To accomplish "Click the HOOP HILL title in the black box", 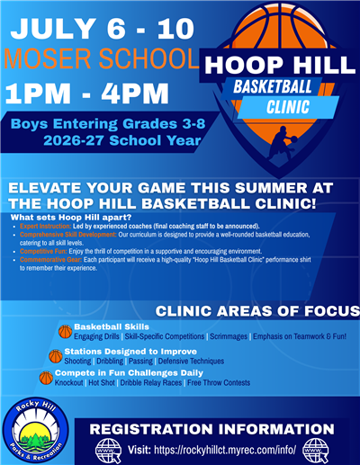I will tap(279, 65).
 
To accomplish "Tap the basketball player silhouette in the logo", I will tap(281, 143).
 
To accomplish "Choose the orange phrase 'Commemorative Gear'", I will tap(45, 259).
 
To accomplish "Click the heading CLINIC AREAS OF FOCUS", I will tap(257, 311).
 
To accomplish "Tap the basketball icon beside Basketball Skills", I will tap(65, 331).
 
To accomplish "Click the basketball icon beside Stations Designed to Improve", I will tap(56, 355).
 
